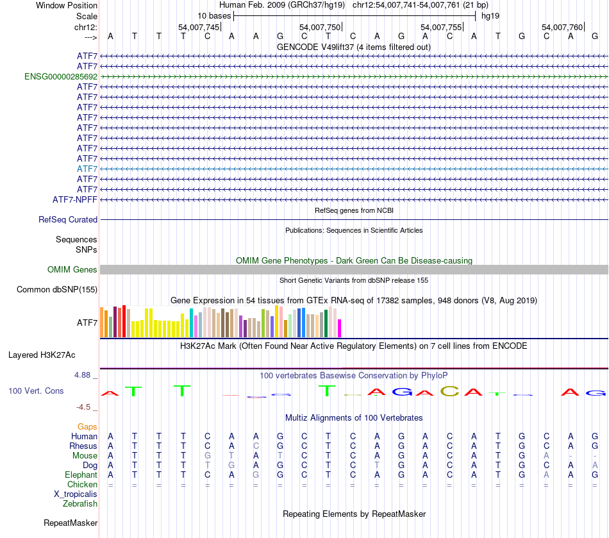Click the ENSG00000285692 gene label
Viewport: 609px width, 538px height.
pos(61,76)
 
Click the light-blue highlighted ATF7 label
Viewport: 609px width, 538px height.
pos(87,169)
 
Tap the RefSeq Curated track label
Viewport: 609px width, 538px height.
pos(68,219)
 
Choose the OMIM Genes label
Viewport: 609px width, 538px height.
pos(72,270)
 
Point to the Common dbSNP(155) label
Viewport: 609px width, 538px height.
pos(57,289)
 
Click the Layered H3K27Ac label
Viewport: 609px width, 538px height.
pos(42,355)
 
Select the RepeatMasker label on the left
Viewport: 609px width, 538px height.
pos(71,523)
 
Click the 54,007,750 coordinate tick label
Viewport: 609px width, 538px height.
pos(319,27)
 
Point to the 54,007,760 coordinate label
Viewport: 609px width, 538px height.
pos(562,27)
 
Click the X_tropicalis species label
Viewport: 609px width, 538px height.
pos(76,494)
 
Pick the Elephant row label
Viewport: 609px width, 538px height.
pos(81,475)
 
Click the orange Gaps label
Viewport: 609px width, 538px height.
pos(87,426)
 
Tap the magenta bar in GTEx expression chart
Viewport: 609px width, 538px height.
pos(340,328)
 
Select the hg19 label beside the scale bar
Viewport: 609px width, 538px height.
pos(490,15)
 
